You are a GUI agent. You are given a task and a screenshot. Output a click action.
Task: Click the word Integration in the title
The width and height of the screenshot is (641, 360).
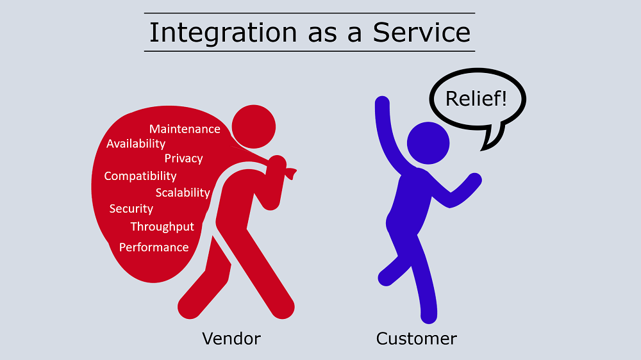[223, 33]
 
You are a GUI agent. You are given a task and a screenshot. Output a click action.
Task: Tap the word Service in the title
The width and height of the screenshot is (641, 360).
[422, 32]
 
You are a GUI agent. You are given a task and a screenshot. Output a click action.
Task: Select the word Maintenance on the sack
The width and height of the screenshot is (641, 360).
[185, 129]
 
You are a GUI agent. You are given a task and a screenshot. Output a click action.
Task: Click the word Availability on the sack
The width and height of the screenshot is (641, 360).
[136, 144]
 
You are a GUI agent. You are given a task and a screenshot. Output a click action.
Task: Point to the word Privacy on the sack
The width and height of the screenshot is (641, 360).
[183, 159]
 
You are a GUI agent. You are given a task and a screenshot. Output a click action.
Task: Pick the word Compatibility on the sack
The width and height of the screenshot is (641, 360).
[140, 176]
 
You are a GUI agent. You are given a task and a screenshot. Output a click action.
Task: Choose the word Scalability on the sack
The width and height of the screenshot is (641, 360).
[183, 192]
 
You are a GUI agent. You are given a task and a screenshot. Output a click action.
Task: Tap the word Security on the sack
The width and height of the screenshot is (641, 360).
[131, 209]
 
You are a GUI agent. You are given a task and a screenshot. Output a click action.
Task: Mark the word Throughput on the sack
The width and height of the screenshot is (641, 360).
[162, 227]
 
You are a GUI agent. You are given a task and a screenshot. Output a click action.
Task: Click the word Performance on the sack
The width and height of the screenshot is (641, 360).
[154, 247]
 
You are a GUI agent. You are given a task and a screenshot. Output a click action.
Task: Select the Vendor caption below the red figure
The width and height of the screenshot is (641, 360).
[231, 339]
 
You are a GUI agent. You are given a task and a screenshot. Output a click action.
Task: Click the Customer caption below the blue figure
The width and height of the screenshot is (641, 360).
[417, 339]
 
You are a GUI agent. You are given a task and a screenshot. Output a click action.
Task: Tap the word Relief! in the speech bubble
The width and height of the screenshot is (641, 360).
[476, 99]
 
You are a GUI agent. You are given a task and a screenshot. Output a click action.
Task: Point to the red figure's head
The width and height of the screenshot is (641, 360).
[254, 127]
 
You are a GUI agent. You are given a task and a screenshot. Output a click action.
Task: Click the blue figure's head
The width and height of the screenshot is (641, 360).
[428, 143]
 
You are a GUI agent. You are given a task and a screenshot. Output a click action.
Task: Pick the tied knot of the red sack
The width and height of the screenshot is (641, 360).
[290, 173]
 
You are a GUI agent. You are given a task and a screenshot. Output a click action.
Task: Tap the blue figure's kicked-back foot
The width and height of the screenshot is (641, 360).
[387, 278]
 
